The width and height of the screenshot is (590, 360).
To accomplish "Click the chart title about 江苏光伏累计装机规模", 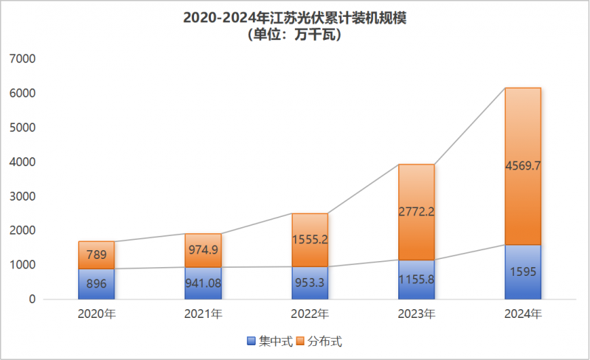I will coord(294,17).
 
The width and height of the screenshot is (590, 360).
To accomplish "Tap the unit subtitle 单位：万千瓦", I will coord(294,34).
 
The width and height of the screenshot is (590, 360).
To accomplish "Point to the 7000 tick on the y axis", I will coord(22,59).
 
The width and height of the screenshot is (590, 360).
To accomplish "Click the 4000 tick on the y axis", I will coord(22,162).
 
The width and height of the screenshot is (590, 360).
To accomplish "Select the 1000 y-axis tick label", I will coord(22,265).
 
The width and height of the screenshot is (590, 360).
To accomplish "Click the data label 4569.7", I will coord(523,166).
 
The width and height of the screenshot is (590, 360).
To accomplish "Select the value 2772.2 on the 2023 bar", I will coord(416,212).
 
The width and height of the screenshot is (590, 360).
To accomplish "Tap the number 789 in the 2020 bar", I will coord(97,255).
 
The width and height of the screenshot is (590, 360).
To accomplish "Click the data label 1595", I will coord(523,271).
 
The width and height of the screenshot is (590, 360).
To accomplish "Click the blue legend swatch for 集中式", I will coord(251,342).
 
